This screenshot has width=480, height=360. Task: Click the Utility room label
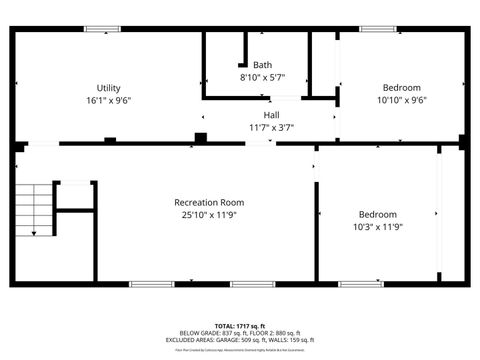108,88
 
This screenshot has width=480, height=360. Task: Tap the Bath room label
262,65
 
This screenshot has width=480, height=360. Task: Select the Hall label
271,115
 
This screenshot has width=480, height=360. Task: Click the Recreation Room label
209,202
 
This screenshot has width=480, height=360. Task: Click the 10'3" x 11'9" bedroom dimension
378,226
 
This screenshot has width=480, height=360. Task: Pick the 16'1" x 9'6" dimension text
108,100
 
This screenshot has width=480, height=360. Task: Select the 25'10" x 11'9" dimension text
209,214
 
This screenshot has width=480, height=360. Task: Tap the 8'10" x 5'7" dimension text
262,77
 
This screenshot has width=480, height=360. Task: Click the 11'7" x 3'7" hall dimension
271,127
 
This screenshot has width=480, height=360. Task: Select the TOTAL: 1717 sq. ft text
240,326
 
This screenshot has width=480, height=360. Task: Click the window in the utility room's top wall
102,29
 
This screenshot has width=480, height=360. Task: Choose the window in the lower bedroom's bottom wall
361,284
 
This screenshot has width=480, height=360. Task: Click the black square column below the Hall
200,138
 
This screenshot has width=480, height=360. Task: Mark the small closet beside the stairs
73,196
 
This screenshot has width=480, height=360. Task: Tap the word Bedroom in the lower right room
378,214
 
